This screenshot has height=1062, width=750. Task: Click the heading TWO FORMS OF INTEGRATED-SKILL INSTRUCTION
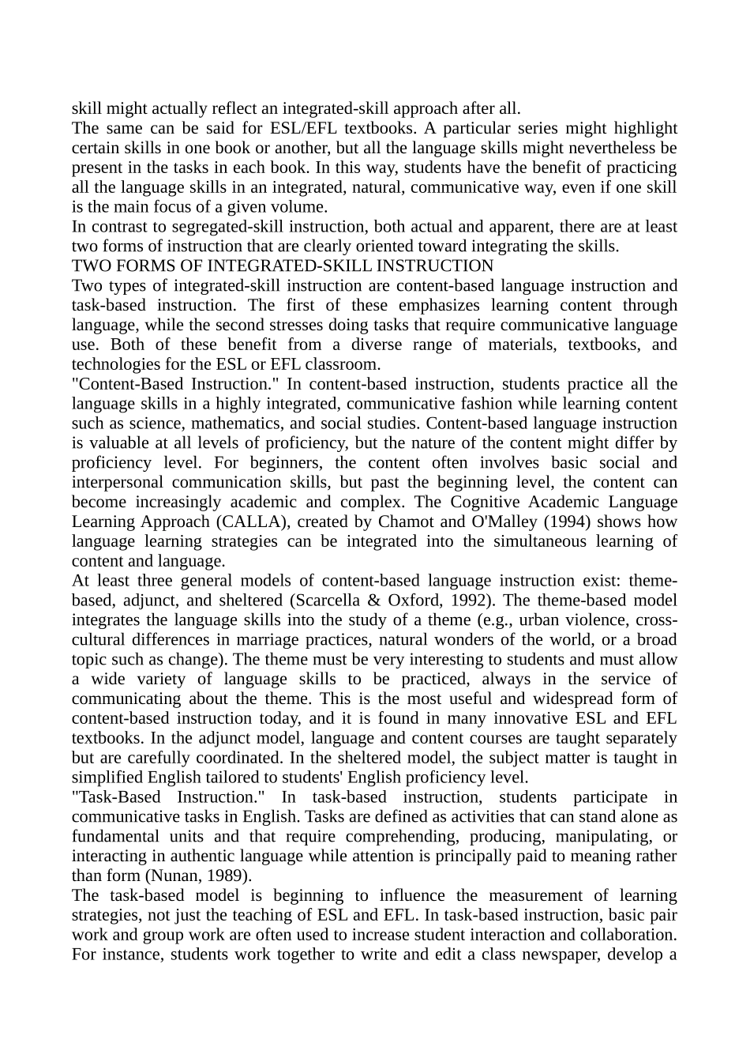(282, 266)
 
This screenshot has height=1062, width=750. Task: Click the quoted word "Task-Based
(115, 797)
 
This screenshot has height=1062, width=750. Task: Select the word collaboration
(628, 935)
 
